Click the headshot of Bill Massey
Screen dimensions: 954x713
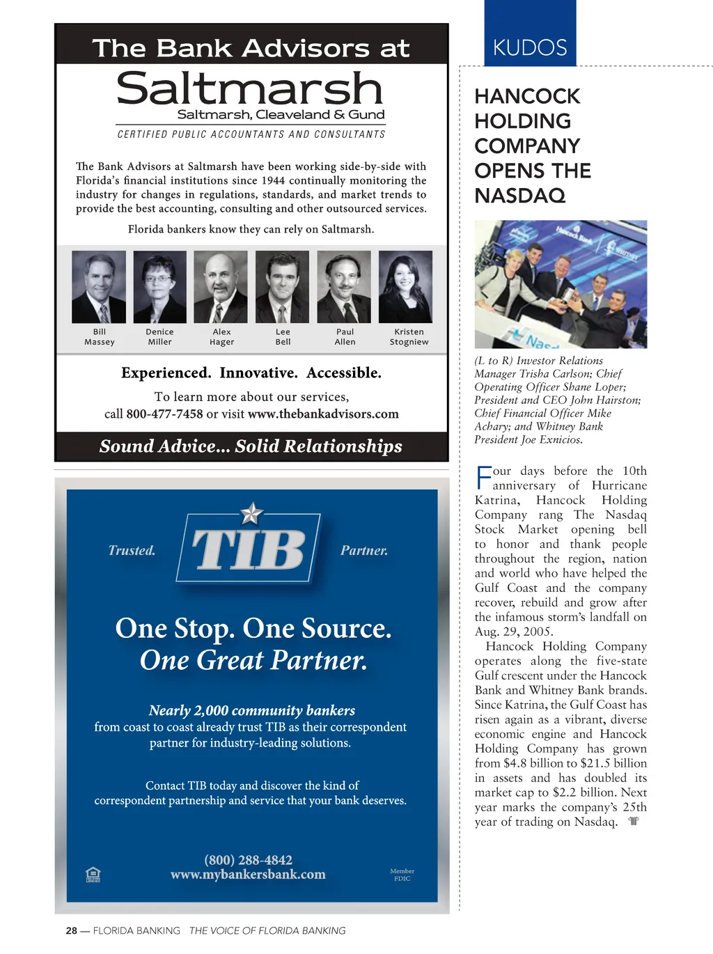(99, 287)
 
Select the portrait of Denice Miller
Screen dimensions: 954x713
(159, 287)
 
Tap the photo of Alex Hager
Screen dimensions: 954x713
(221, 287)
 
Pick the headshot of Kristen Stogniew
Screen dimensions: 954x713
(405, 287)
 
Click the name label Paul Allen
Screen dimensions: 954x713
(345, 337)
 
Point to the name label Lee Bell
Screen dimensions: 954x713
(283, 337)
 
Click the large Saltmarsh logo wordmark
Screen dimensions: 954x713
(250, 89)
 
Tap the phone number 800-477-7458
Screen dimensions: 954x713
(164, 414)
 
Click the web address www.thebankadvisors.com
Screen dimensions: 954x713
(323, 414)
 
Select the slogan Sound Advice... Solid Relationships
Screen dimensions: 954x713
(251, 446)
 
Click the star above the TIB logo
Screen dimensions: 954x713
(251, 514)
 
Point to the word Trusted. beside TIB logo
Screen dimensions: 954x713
(132, 551)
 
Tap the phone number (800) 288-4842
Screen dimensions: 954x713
(248, 860)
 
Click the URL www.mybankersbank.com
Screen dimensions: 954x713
(248, 875)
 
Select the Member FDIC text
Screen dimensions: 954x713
(402, 875)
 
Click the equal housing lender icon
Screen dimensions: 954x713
(93, 874)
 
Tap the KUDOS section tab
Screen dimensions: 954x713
(530, 47)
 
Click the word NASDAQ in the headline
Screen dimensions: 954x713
(519, 196)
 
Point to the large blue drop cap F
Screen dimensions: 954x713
(483, 478)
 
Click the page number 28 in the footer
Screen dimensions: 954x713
(72, 930)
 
